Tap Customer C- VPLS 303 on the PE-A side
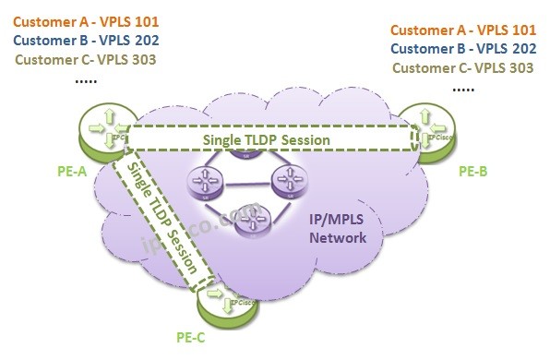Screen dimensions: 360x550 coord(86,61)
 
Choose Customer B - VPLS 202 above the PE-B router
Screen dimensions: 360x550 coord(464,48)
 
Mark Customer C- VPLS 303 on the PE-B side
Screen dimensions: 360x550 coord(464,67)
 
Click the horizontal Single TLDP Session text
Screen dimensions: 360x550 coord(265,138)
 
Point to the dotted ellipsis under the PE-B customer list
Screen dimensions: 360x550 coord(463,89)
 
